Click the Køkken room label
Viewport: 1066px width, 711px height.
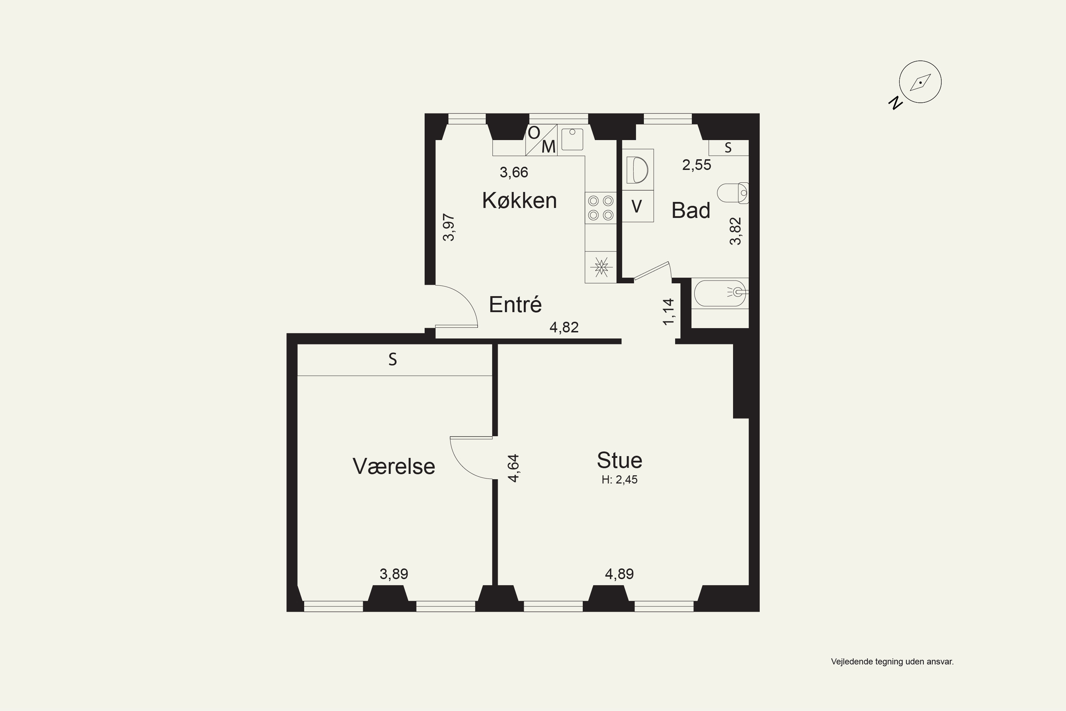pyautogui.click(x=519, y=201)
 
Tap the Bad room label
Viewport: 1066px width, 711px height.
pyautogui.click(x=691, y=210)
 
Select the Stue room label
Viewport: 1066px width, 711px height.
pyautogui.click(x=620, y=460)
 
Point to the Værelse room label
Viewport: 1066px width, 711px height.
pyautogui.click(x=394, y=466)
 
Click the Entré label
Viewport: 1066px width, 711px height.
pyautogui.click(x=515, y=304)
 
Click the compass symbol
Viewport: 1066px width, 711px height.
pyautogui.click(x=920, y=82)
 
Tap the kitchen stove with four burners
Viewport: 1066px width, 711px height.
pyautogui.click(x=601, y=208)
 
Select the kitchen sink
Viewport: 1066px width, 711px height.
pyautogui.click(x=572, y=139)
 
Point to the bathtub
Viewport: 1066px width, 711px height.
pyautogui.click(x=720, y=293)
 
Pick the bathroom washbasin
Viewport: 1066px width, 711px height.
pyautogui.click(x=638, y=170)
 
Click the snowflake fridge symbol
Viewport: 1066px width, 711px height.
pyautogui.click(x=601, y=267)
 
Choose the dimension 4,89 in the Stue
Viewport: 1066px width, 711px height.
pyautogui.click(x=619, y=574)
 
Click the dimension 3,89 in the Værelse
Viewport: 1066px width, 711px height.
pyautogui.click(x=394, y=574)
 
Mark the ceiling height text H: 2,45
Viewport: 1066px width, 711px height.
pyautogui.click(x=620, y=480)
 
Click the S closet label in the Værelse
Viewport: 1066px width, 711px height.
pyautogui.click(x=393, y=359)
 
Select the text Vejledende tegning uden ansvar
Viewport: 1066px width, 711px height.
pyautogui.click(x=892, y=662)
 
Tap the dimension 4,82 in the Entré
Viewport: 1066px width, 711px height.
pyautogui.click(x=564, y=327)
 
